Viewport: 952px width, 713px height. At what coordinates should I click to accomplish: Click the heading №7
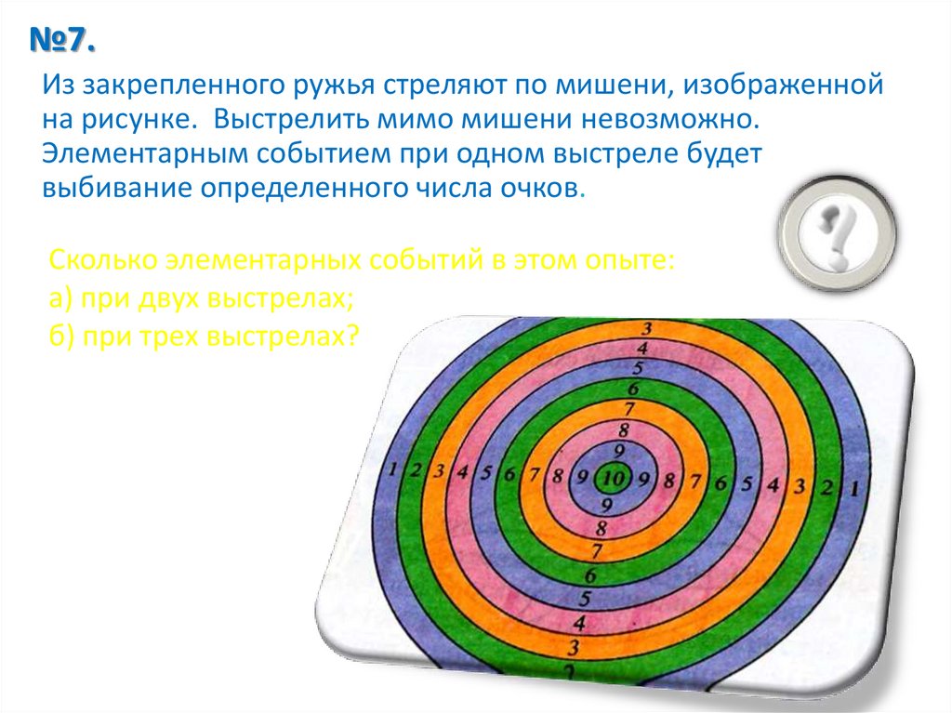64,43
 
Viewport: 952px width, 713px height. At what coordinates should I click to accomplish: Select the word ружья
330,87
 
